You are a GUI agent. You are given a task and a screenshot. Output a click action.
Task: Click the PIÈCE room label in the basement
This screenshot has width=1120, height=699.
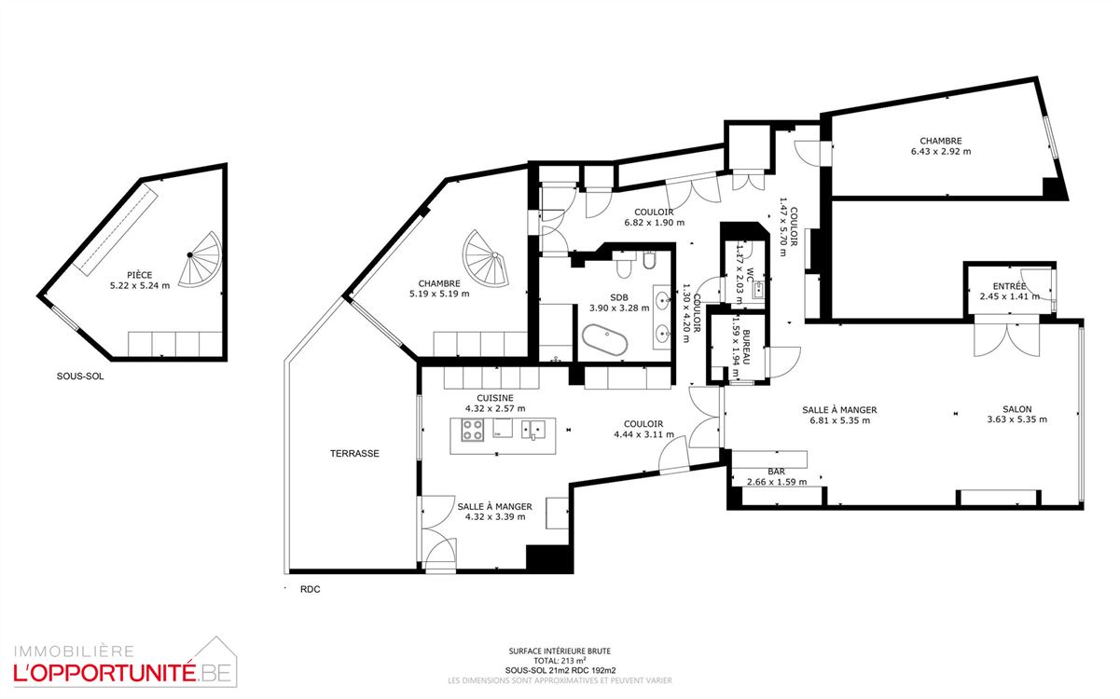pyautogui.click(x=140, y=275)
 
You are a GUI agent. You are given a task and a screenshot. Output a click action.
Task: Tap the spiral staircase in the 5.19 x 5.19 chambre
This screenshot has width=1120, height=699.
pyautogui.click(x=489, y=258)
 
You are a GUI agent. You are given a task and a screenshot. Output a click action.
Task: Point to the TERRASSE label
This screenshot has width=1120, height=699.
pyautogui.click(x=354, y=454)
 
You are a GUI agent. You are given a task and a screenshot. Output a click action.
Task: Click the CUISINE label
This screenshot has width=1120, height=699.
pyautogui.click(x=494, y=397)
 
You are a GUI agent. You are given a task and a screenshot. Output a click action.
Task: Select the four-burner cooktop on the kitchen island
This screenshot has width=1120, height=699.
pyautogui.click(x=472, y=431)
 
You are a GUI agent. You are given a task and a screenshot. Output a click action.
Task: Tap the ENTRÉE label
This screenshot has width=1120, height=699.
pyautogui.click(x=1009, y=286)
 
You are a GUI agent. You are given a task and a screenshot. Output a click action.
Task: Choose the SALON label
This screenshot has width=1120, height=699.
pyautogui.click(x=1016, y=409)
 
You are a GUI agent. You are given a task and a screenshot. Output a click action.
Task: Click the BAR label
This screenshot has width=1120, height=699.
pyautogui.click(x=776, y=472)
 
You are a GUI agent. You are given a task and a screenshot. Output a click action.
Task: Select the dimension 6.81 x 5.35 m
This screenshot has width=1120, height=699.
pyautogui.click(x=839, y=420)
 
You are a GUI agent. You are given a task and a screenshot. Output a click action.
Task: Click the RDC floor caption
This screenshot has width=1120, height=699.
pyautogui.click(x=310, y=589)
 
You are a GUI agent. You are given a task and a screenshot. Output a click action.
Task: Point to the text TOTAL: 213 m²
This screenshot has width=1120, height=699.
pyautogui.click(x=560, y=661)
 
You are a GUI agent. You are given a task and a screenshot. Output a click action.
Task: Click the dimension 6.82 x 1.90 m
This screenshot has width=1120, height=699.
pyautogui.click(x=654, y=223)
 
